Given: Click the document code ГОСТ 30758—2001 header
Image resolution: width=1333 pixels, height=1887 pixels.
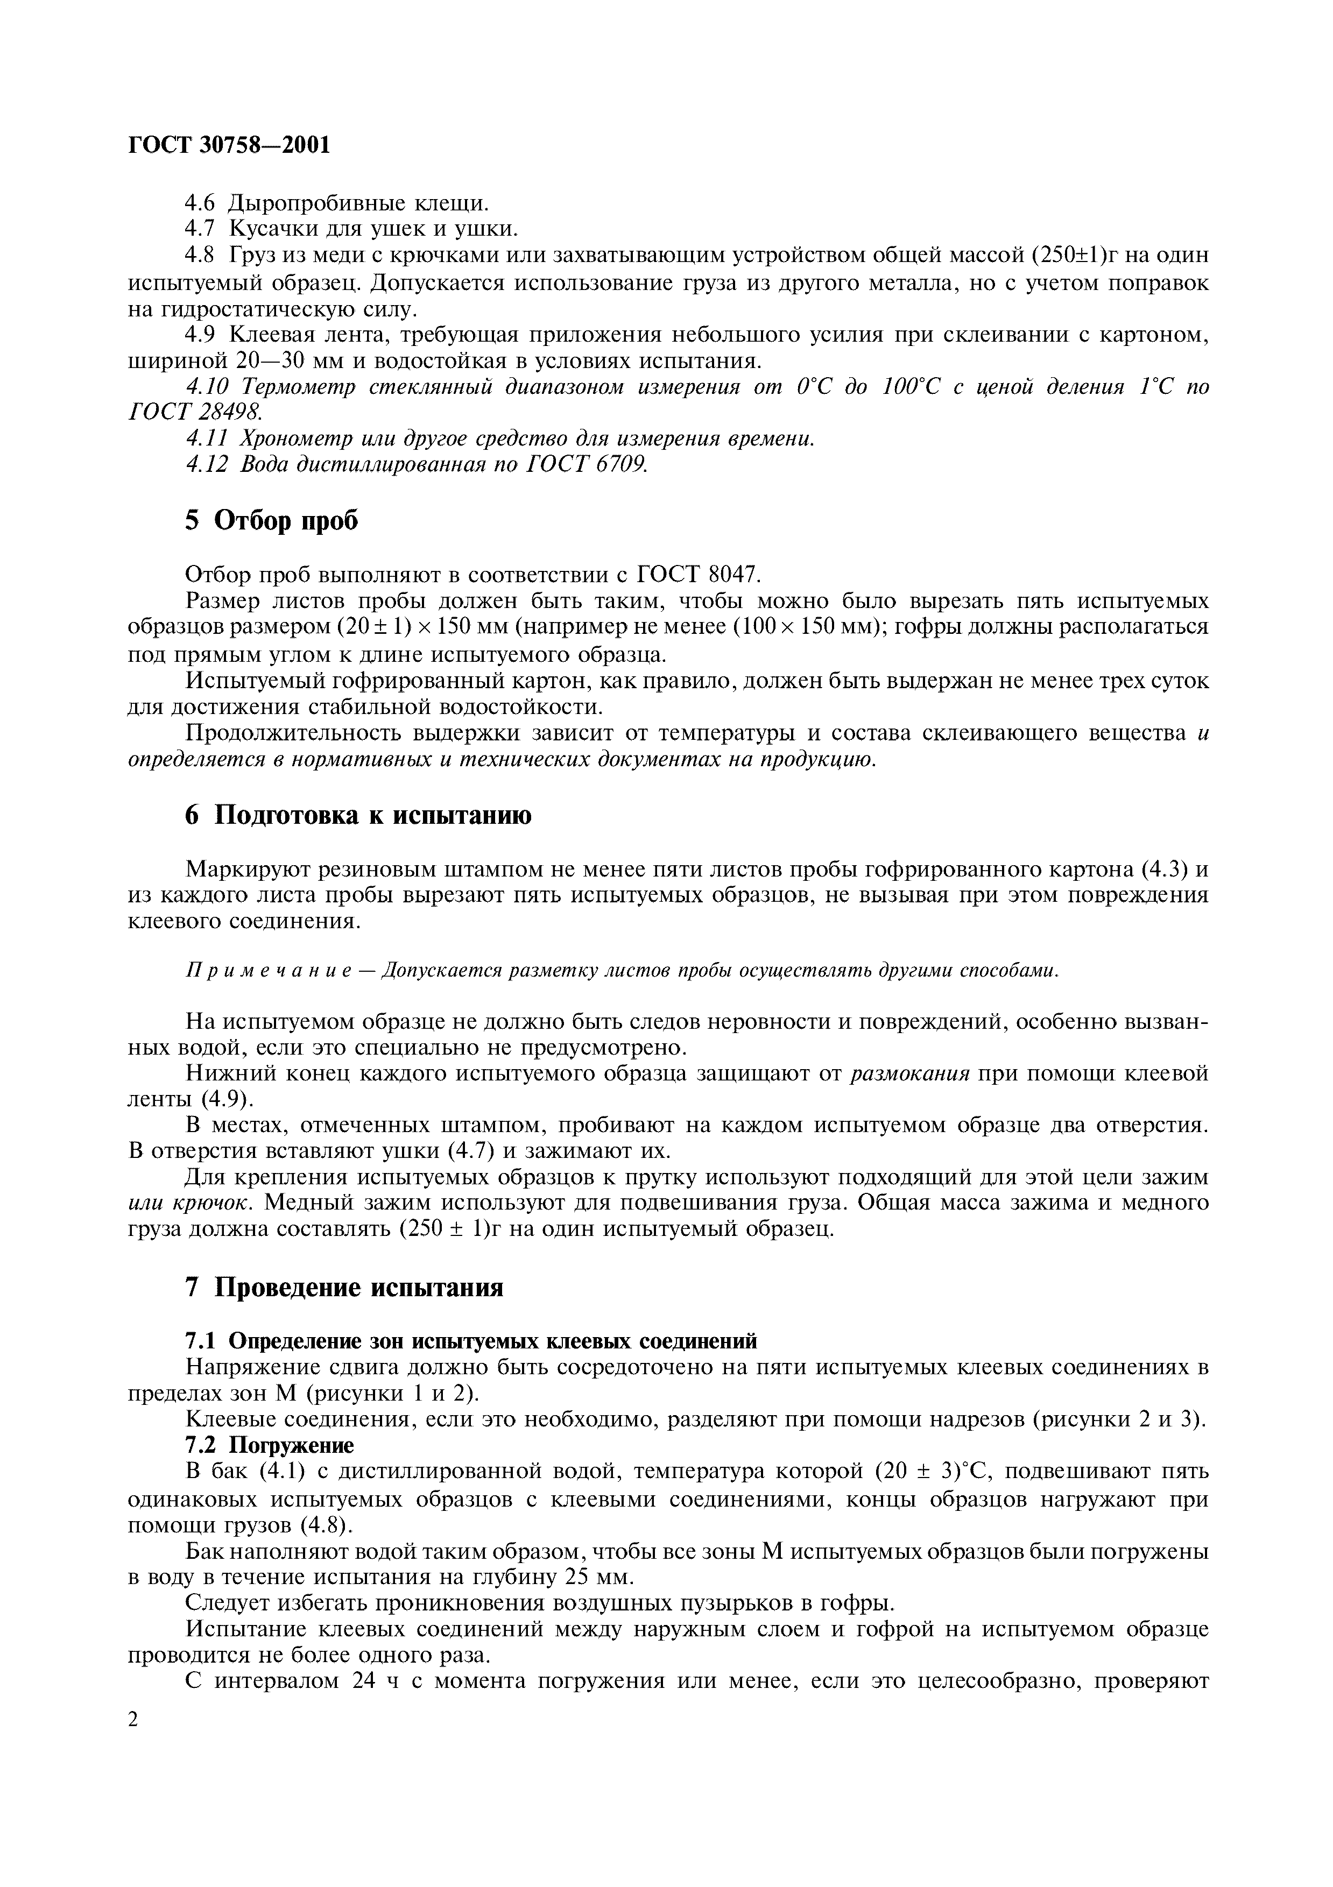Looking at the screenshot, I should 229,145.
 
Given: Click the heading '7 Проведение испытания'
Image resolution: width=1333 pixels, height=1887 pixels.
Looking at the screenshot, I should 343,1287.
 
